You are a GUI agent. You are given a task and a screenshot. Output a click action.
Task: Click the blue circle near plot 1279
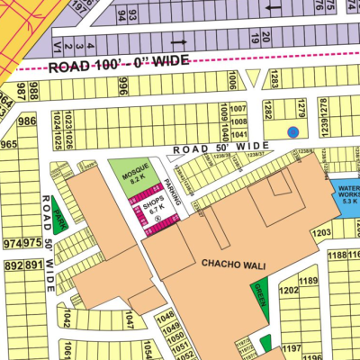[x=292, y=131]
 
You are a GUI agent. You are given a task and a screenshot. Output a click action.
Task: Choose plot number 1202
[x=289, y=291]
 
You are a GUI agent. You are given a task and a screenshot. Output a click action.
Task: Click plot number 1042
[x=68, y=319]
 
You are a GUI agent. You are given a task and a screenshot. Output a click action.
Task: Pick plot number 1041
[x=238, y=133]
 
